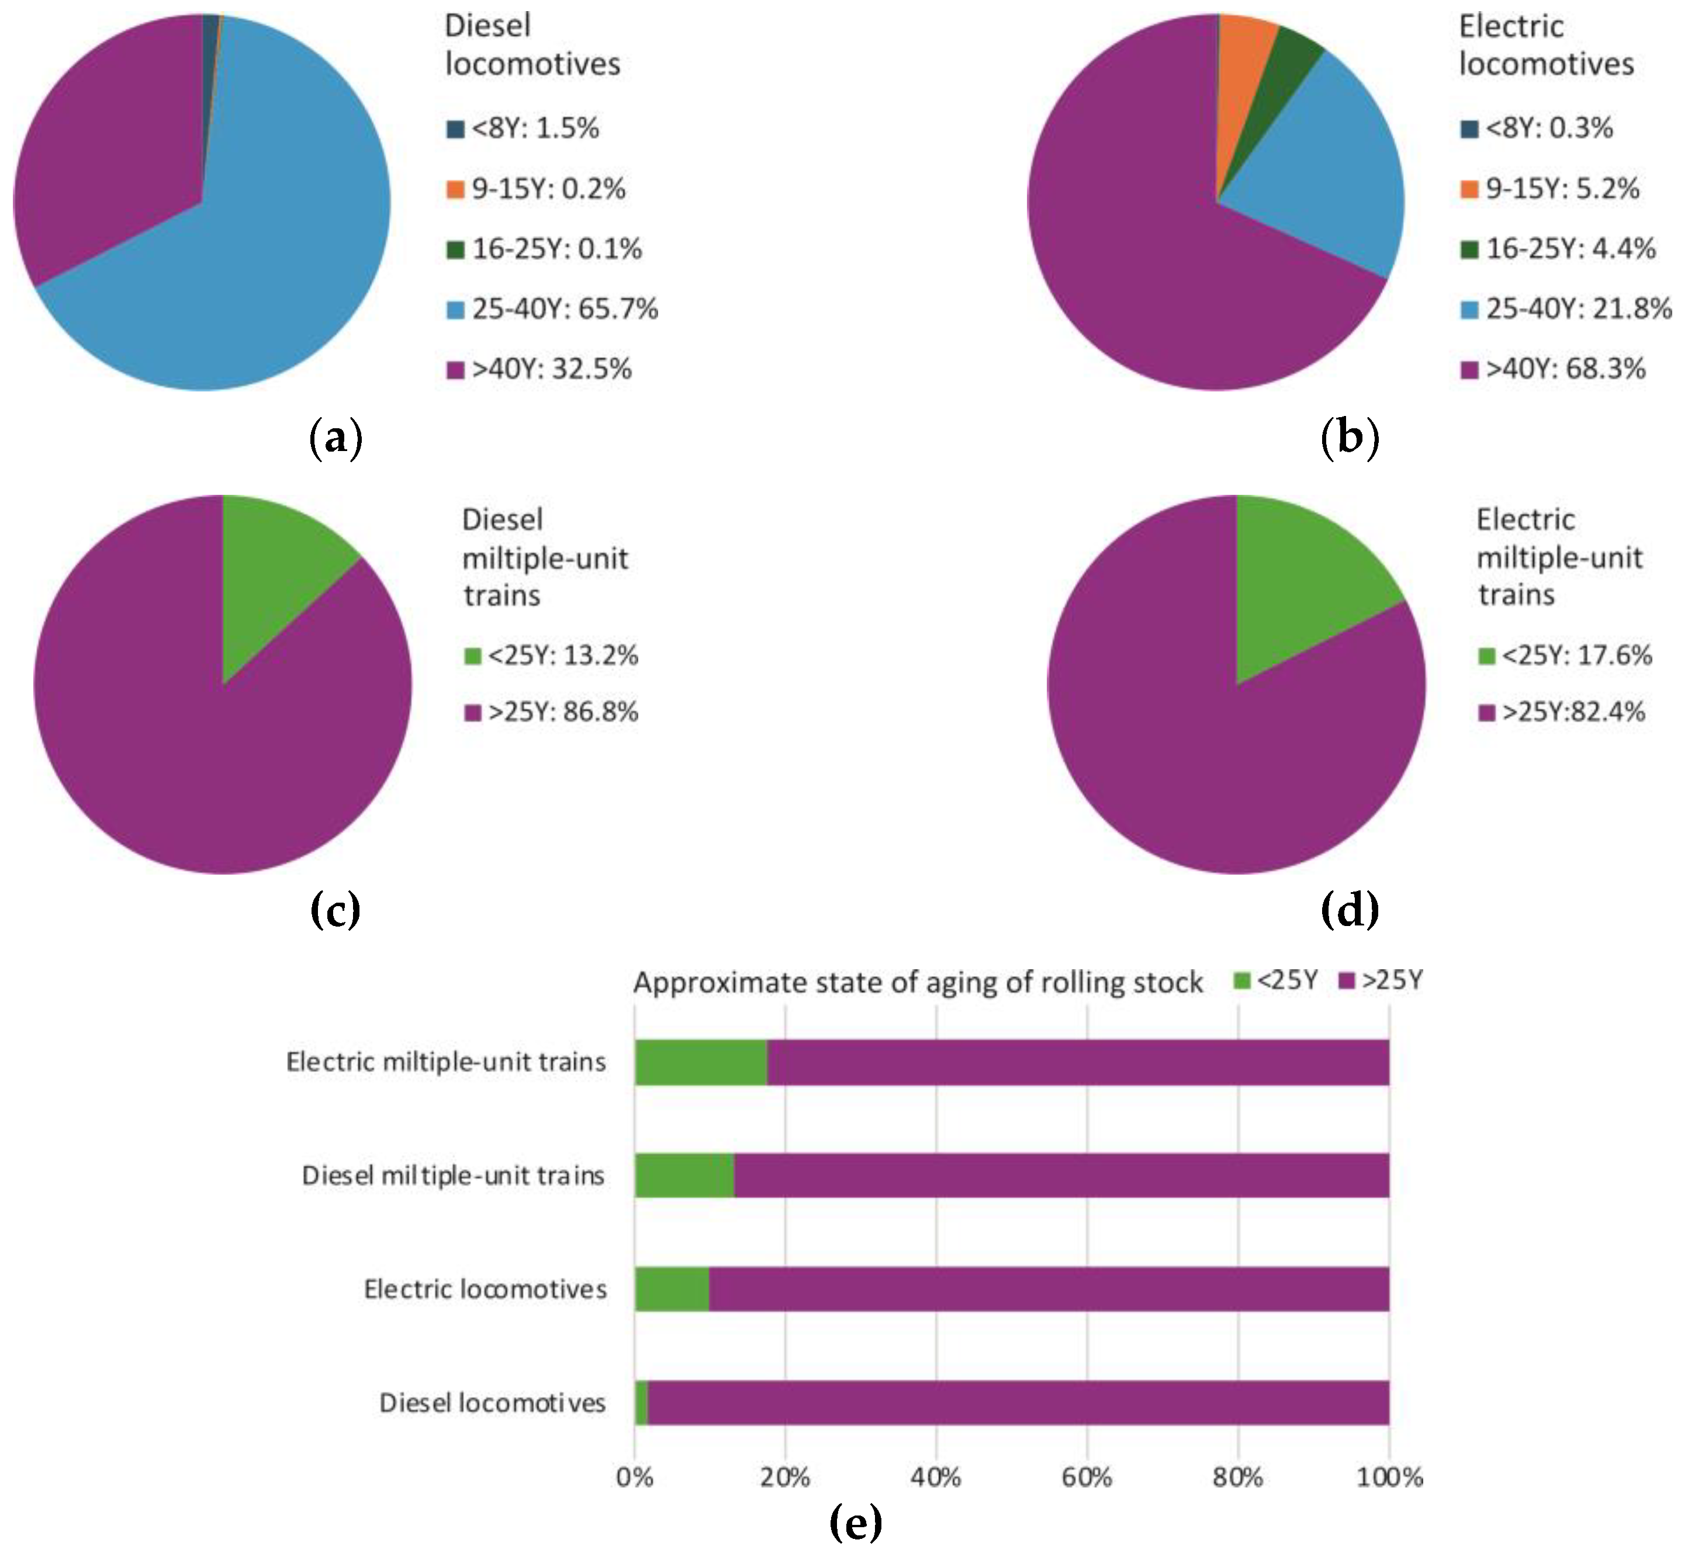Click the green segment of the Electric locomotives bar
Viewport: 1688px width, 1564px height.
coord(672,1289)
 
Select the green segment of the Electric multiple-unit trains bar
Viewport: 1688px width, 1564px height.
coord(700,1062)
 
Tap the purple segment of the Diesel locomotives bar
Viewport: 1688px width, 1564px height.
coord(1016,1402)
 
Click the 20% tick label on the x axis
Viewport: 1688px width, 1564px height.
coord(785,1477)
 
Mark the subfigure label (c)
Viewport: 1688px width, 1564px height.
coord(335,910)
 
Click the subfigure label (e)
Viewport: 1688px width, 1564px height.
coord(855,1523)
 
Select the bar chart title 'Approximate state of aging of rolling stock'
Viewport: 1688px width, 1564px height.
coord(918,983)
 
